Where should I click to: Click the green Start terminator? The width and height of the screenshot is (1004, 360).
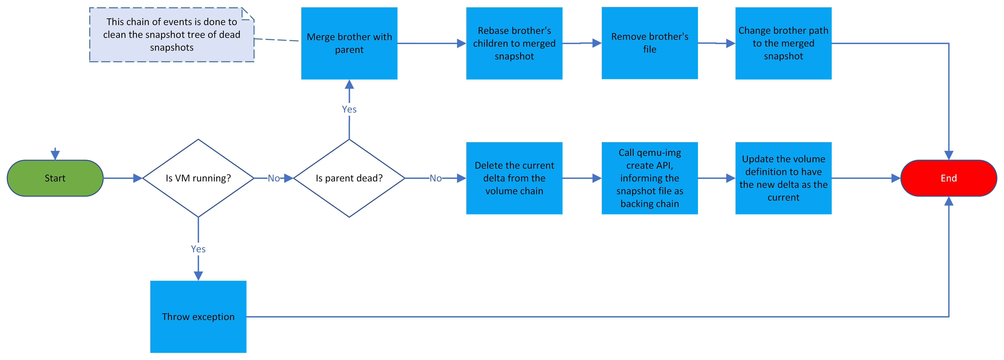click(55, 178)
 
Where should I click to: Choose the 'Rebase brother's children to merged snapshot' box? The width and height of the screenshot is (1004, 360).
click(514, 43)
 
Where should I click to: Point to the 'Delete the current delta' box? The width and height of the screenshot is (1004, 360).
click(514, 178)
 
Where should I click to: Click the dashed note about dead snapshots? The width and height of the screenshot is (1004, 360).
click(171, 35)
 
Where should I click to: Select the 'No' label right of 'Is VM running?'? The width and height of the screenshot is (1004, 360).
click(274, 178)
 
